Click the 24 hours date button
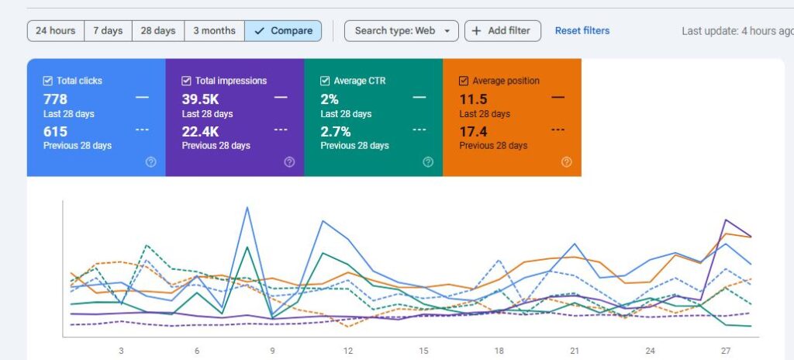click(x=56, y=31)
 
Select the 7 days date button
click(x=108, y=31)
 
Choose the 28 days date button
click(x=158, y=31)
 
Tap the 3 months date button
click(x=214, y=31)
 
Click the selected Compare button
click(x=283, y=31)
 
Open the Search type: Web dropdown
click(x=401, y=31)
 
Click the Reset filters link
click(x=582, y=31)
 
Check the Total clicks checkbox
click(x=48, y=81)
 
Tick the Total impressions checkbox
click(x=187, y=81)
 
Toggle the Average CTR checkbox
click(x=325, y=81)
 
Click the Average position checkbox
click(x=464, y=81)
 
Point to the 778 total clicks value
click(x=55, y=99)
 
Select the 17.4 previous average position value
click(x=473, y=132)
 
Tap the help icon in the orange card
click(x=566, y=162)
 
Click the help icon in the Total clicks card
click(x=150, y=162)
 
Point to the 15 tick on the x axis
click(x=423, y=351)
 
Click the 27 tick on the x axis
click(x=726, y=351)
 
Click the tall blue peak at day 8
click(x=247, y=207)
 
